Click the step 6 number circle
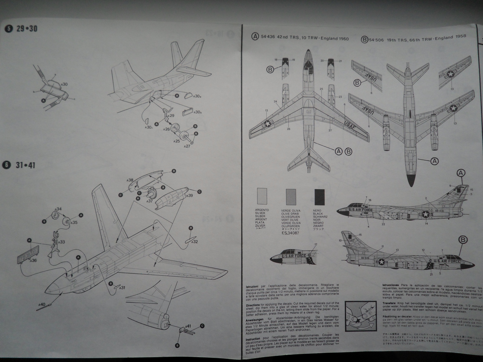pyautogui.click(x=6, y=165)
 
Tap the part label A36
pyautogui.click(x=33, y=260)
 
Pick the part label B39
pyautogui.click(x=189, y=195)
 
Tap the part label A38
pyautogui.click(x=130, y=180)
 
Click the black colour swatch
pyautogui.click(x=319, y=197)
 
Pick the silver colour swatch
pyautogui.click(x=261, y=197)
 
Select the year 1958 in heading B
pyautogui.click(x=459, y=36)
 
